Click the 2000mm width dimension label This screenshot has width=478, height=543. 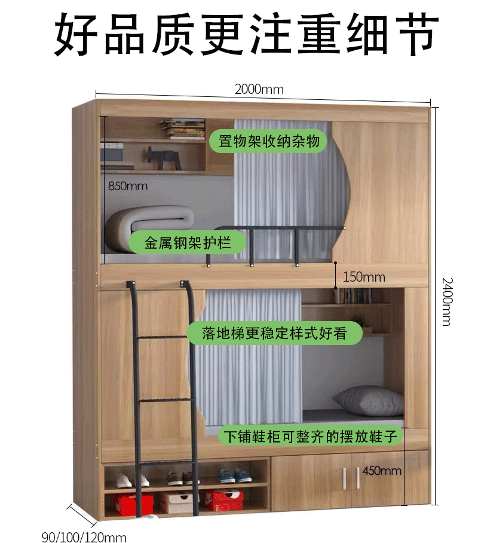[259, 90]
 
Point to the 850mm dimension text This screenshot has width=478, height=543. [128, 186]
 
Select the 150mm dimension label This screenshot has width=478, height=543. [364, 277]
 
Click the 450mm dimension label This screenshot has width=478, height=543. [381, 471]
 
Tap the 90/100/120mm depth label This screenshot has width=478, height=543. [84, 536]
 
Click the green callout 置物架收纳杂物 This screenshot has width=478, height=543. [268, 142]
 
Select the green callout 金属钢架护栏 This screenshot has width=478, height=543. [188, 243]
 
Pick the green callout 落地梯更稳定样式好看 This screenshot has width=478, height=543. [274, 333]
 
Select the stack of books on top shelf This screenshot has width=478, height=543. [184, 129]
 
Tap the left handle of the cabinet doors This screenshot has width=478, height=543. [345, 477]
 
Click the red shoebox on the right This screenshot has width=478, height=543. [223, 500]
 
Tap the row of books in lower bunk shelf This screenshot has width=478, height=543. [353, 296]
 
